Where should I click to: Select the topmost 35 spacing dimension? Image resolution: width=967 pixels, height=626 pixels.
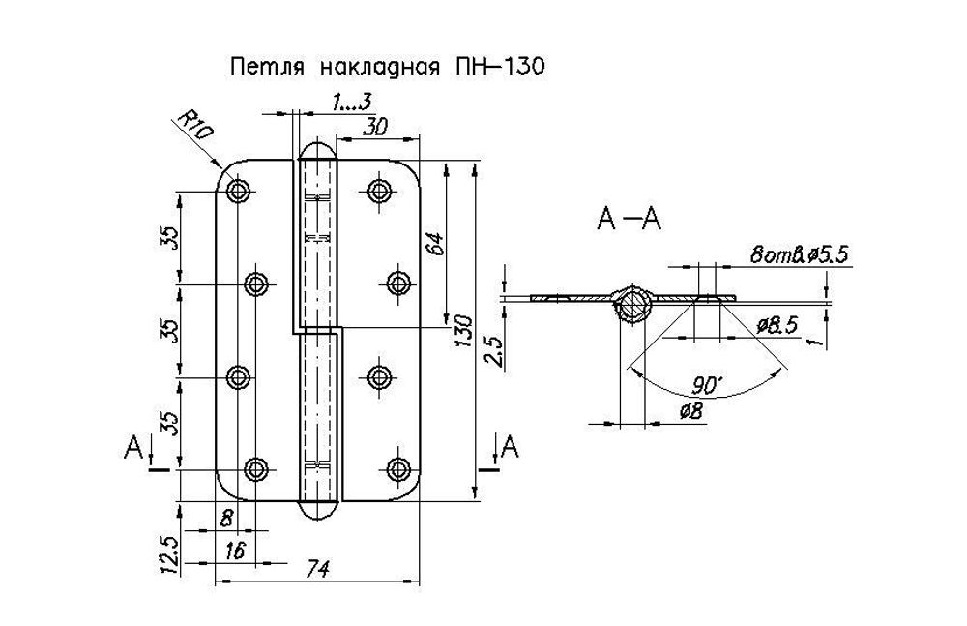click(168, 238)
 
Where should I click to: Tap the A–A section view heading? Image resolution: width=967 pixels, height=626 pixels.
click(629, 222)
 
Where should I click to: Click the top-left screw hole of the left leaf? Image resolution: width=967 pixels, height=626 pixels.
click(238, 191)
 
